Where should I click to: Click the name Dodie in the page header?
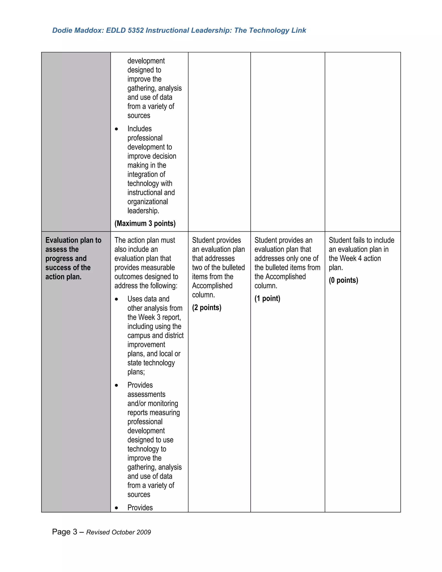[x=62, y=30]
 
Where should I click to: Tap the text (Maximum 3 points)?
[x=145, y=223]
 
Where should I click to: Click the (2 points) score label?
[x=207, y=307]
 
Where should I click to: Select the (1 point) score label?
[x=267, y=298]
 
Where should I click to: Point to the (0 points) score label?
[x=343, y=280]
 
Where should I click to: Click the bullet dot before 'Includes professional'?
[x=117, y=129]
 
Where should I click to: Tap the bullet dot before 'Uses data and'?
[x=117, y=299]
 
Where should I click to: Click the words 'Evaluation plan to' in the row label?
[x=73, y=240]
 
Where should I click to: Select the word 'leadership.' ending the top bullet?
[x=143, y=211]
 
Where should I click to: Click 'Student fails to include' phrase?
[x=361, y=240]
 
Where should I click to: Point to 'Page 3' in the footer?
[x=64, y=532]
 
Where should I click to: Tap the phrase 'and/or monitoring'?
[x=153, y=403]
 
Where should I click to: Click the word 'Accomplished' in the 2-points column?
[x=212, y=286]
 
